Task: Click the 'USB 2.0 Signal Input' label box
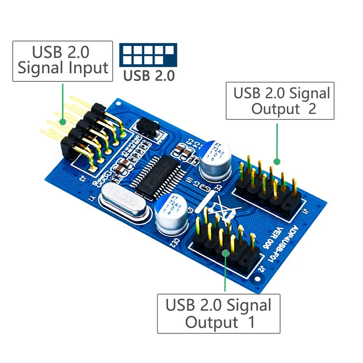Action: [62, 61]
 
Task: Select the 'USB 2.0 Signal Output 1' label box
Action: [218, 314]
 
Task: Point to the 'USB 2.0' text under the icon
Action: [148, 75]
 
